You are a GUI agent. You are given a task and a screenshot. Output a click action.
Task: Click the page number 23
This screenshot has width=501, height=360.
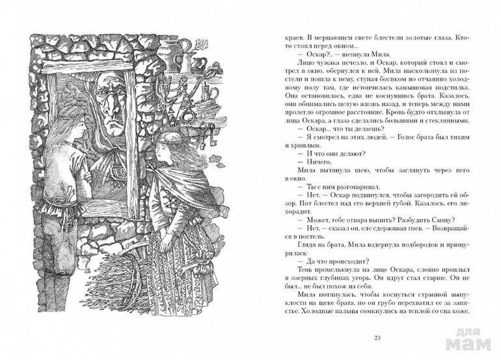(378, 337)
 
